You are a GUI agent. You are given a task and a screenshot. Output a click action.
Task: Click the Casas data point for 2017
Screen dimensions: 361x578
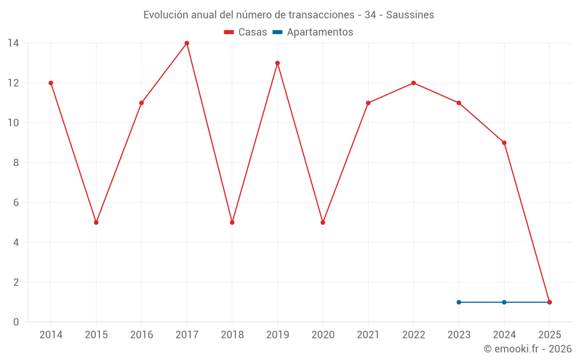pos(187,43)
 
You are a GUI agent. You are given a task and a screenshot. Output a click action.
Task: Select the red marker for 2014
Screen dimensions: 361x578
pos(51,83)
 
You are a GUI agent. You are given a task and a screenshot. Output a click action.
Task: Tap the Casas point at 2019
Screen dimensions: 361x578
pos(277,63)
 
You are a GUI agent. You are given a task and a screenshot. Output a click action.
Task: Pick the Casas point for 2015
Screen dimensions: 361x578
pos(96,222)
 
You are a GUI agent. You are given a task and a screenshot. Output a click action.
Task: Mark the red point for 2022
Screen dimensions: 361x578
pos(413,83)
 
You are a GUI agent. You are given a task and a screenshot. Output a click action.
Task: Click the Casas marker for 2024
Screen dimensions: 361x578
pos(504,143)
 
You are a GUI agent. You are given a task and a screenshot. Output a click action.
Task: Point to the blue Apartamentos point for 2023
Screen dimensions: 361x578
pos(459,302)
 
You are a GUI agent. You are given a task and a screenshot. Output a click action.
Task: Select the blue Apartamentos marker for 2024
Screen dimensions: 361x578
pos(504,302)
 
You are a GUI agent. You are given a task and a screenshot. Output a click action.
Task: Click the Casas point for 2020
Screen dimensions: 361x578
pos(323,222)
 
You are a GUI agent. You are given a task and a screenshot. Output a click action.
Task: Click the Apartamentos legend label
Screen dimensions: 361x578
pos(320,32)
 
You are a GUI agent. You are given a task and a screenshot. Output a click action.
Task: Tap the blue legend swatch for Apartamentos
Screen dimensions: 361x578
pos(277,32)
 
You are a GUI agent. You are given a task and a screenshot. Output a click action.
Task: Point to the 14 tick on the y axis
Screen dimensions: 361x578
pos(13,43)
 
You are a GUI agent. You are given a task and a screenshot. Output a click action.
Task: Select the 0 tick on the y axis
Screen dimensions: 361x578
pos(16,322)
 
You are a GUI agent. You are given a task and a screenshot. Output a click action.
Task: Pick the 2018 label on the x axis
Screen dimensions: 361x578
pos(232,335)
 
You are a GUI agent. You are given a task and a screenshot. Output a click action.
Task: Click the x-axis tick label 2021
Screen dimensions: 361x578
pos(368,335)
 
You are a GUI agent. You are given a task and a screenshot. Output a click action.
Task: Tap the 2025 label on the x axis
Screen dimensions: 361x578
pos(549,335)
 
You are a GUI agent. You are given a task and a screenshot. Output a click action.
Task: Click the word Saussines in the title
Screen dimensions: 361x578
pos(410,15)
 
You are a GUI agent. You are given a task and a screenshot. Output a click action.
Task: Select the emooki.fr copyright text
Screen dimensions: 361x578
pos(528,349)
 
